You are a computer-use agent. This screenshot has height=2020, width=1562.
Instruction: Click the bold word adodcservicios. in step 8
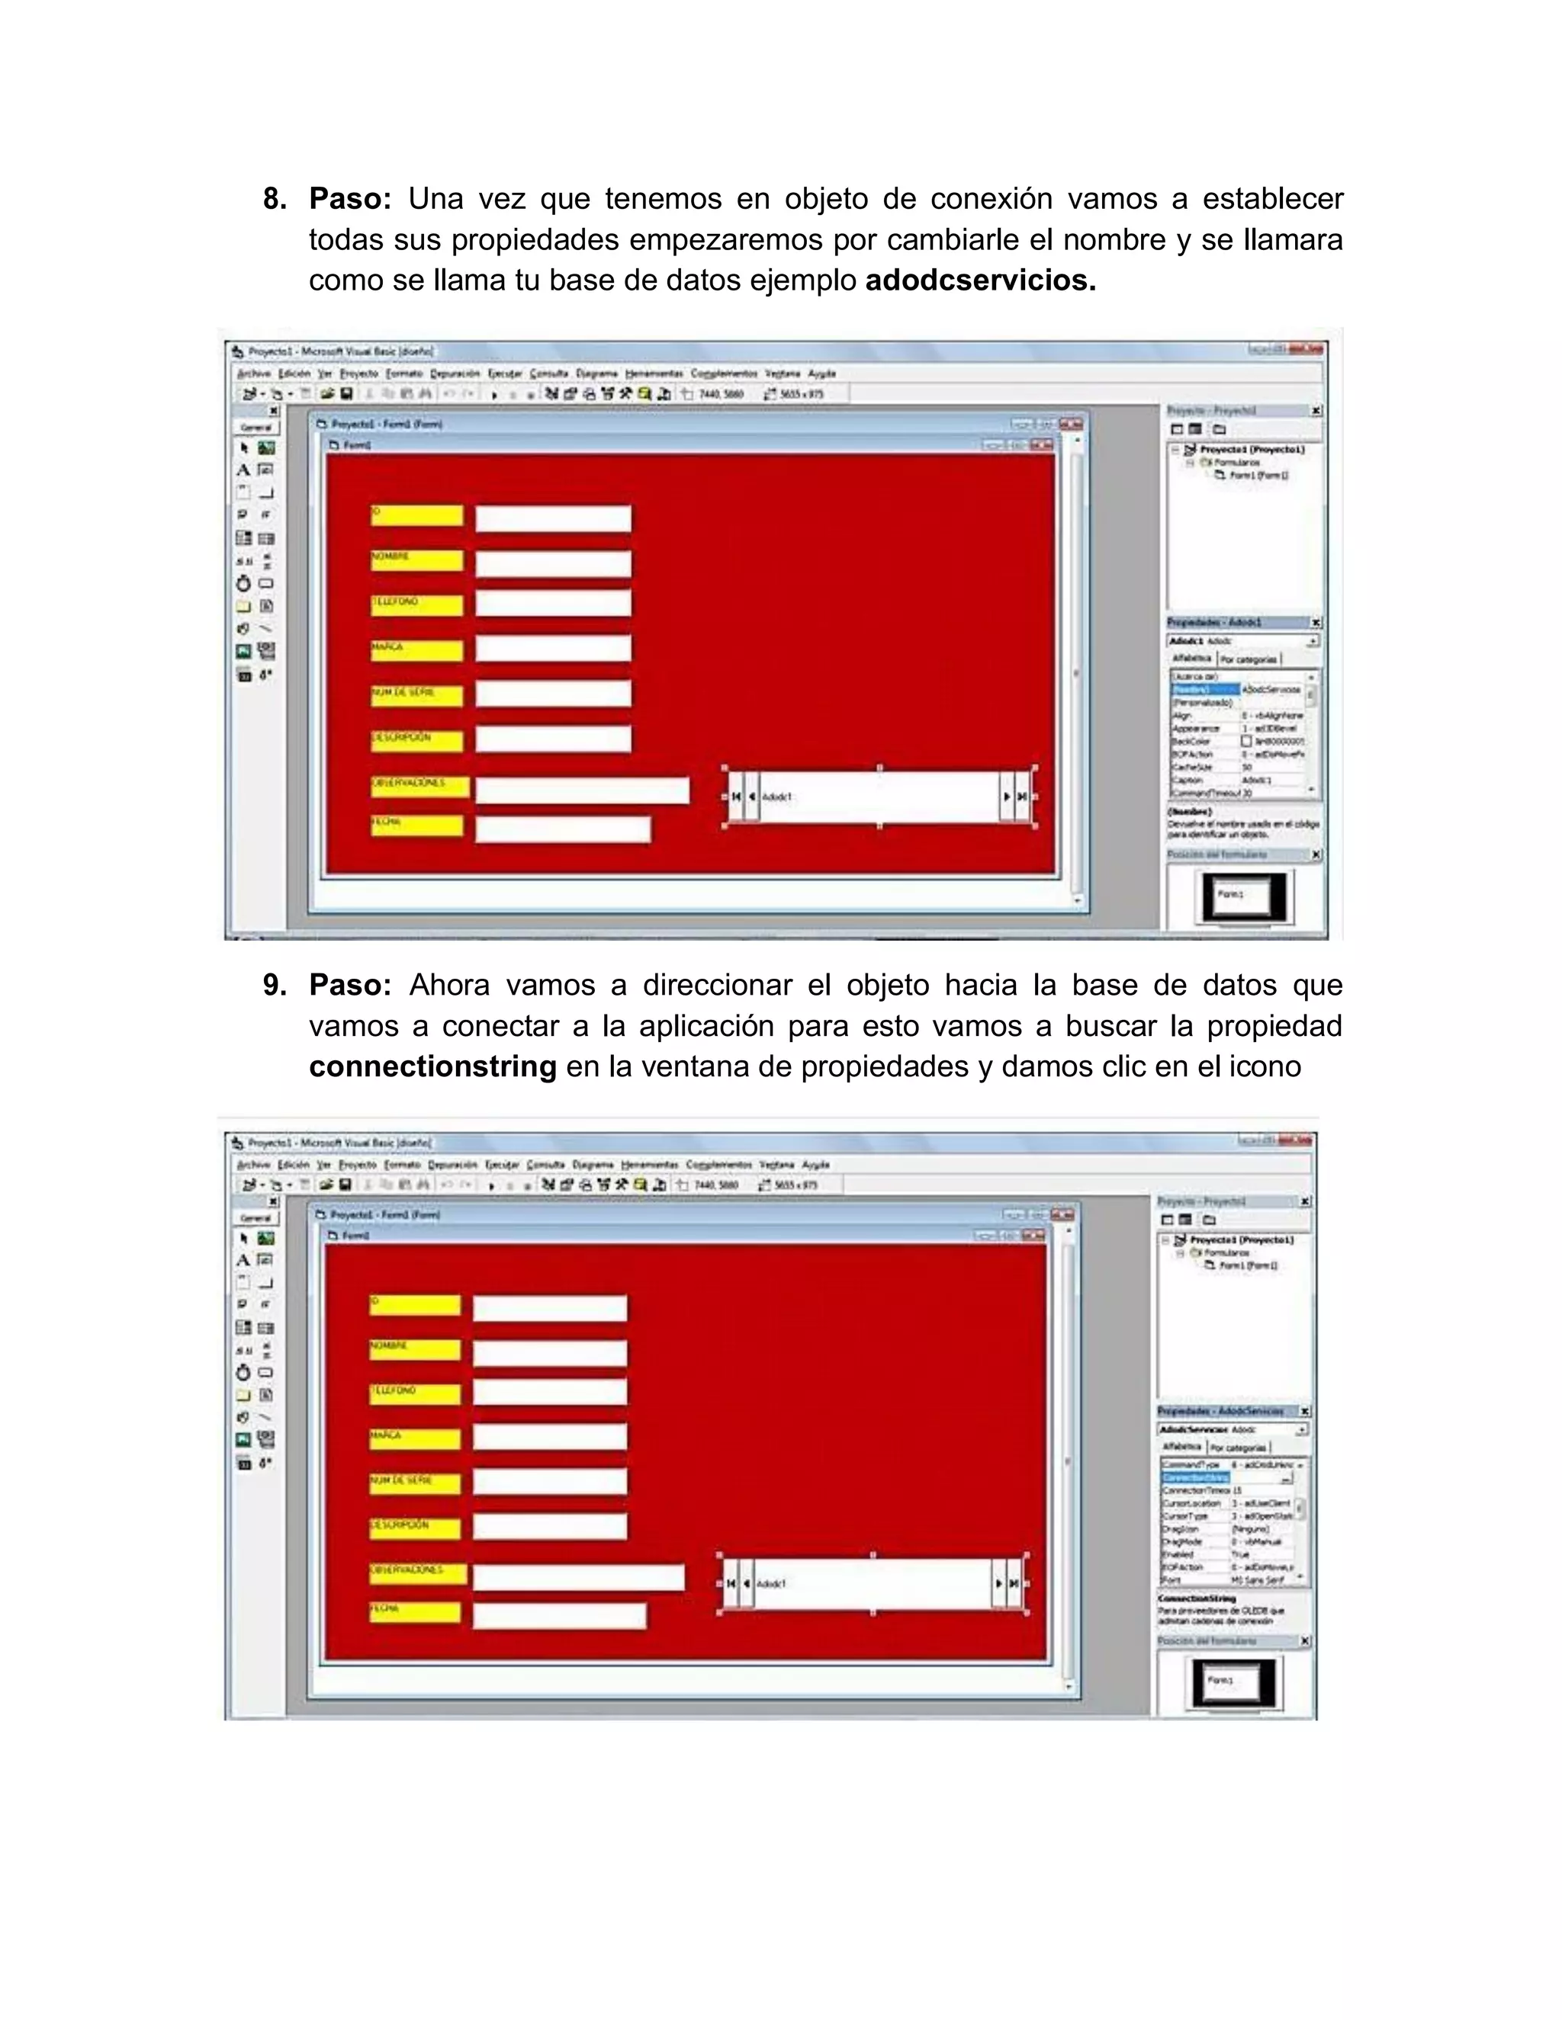click(x=980, y=281)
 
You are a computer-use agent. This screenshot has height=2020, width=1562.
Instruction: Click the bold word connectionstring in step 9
click(x=432, y=1066)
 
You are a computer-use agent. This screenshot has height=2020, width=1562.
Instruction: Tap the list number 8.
click(x=274, y=199)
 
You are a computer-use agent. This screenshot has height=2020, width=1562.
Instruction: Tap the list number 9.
click(x=274, y=985)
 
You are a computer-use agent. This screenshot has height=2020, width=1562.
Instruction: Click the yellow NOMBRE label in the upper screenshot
click(x=416, y=560)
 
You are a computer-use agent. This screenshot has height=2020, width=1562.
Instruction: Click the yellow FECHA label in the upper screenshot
click(x=416, y=825)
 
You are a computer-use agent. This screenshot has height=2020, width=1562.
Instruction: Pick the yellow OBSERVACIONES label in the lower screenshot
click(x=418, y=1573)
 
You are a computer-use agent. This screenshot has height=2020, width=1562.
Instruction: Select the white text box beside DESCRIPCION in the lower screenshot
click(x=550, y=1526)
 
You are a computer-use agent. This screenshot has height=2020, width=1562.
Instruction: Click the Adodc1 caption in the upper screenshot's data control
click(x=777, y=797)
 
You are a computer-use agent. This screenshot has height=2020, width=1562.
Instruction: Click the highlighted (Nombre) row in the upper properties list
click(x=1204, y=690)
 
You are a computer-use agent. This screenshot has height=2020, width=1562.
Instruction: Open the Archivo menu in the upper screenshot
click(x=252, y=374)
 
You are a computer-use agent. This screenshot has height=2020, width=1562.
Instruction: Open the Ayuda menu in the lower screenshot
click(x=815, y=1165)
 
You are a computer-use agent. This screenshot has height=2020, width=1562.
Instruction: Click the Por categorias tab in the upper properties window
click(x=1249, y=659)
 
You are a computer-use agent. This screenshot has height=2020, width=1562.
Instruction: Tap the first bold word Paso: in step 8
click(x=350, y=199)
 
